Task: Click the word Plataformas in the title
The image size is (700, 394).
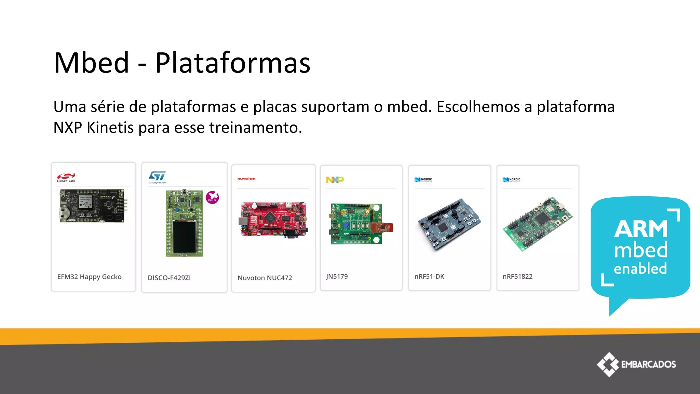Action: click(233, 63)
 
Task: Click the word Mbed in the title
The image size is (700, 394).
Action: click(92, 63)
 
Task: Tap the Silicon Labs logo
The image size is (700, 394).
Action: click(66, 177)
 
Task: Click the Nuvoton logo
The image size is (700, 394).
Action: click(246, 179)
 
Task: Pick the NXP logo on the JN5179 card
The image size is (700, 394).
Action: click(335, 180)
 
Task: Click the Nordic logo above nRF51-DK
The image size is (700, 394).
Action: click(423, 180)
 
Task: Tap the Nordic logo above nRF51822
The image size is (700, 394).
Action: click(511, 180)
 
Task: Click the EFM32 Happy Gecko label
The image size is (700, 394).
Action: click(89, 277)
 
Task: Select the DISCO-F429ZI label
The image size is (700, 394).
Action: click(169, 278)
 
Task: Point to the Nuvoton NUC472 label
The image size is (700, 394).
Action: click(265, 278)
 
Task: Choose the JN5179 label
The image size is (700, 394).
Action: click(337, 276)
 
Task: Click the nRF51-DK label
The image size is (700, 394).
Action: click(429, 276)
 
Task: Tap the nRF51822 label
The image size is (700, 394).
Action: click(517, 276)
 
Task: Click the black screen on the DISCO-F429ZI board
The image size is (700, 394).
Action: click(184, 237)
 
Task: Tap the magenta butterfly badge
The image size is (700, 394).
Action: click(212, 197)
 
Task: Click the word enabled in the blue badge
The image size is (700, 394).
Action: click(640, 268)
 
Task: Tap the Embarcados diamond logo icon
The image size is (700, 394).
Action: click(608, 364)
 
